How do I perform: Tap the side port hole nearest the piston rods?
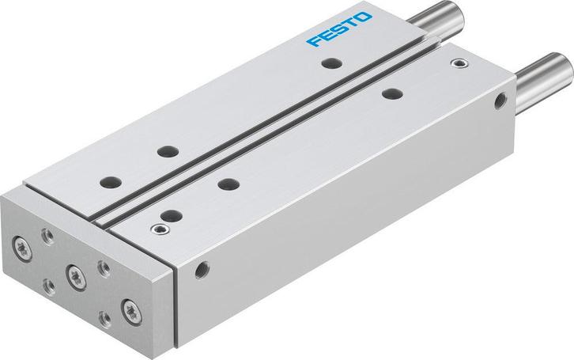[499, 100]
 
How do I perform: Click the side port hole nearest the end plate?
[205, 268]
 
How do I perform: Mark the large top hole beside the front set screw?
[167, 213]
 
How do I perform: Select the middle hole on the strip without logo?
[228, 184]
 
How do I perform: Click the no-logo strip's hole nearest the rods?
[389, 94]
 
